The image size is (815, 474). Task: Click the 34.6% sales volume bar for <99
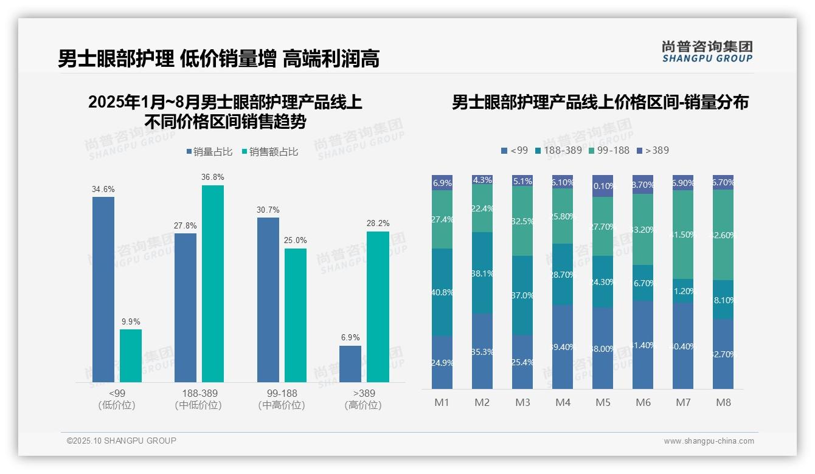click(x=103, y=289)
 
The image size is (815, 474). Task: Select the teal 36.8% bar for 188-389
click(x=213, y=283)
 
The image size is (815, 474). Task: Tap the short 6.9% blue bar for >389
click(x=350, y=364)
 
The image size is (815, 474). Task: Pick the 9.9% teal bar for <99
click(x=131, y=355)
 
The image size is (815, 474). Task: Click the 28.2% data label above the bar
click(x=378, y=224)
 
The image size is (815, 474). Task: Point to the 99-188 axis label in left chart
click(x=282, y=394)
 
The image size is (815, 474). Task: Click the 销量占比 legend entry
click(x=209, y=152)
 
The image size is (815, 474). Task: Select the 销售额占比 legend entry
click(x=270, y=152)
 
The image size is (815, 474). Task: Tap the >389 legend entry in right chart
click(x=653, y=150)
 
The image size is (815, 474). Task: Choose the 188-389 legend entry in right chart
click(x=558, y=150)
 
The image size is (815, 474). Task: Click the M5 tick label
click(x=603, y=403)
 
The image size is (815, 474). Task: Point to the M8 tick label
click(x=723, y=403)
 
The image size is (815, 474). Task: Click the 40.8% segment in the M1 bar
click(x=442, y=292)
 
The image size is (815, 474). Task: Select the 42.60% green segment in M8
click(x=723, y=235)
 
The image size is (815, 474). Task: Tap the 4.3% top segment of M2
click(x=482, y=180)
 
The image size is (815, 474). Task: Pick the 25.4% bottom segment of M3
click(x=522, y=362)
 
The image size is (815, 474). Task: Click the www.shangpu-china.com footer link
click(x=709, y=441)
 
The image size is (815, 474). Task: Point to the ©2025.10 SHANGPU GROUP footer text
click(x=122, y=441)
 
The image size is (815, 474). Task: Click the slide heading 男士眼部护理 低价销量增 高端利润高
click(x=218, y=59)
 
